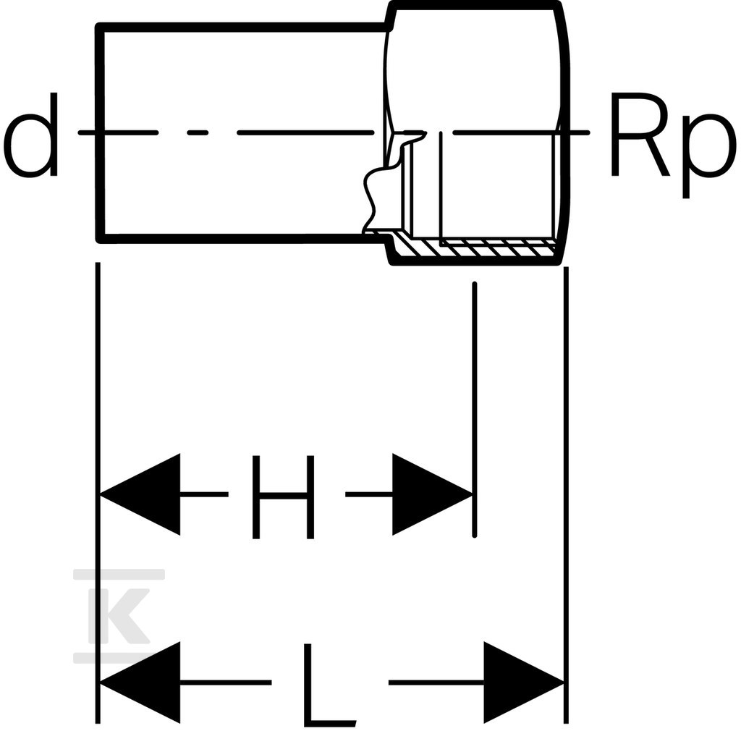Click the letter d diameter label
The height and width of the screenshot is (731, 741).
pos(30,135)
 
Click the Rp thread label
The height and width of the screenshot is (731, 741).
pos(673,144)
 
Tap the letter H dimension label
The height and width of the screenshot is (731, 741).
pos(283,497)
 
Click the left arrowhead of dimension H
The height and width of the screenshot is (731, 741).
pos(140,494)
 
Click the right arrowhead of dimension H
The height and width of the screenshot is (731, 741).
pos(432,494)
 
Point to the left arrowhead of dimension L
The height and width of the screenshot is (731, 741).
pos(140,683)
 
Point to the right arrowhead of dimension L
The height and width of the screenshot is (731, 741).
pos(524,683)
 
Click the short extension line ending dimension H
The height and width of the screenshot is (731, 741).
pos(475,410)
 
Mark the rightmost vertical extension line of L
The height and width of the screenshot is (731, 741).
pos(566,495)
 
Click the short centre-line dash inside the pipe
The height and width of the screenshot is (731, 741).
pos(198,132)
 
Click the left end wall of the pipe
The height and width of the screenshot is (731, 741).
pos(100,133)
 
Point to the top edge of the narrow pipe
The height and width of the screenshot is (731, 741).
pos(243,28)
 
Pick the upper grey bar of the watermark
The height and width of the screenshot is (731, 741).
pos(119,574)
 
